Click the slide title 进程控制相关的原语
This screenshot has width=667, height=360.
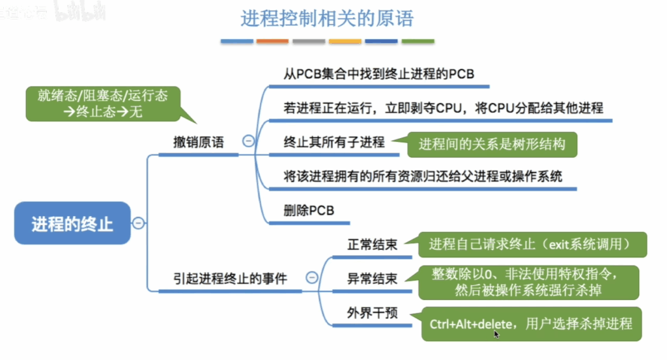coord(327,19)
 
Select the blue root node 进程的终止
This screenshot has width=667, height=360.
coord(72,223)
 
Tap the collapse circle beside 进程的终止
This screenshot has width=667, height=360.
coord(138,223)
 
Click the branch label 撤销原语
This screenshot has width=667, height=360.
coord(199,142)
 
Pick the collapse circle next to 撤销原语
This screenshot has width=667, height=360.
coord(248,141)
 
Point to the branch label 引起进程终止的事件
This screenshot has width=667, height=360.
coord(230,279)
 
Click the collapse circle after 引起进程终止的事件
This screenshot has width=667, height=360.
coord(312,277)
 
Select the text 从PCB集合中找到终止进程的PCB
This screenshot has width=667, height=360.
coord(378,74)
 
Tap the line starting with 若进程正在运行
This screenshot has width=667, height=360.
coord(443,108)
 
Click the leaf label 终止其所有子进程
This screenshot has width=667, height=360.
coord(334,142)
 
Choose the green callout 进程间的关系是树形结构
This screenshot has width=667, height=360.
coord(492,145)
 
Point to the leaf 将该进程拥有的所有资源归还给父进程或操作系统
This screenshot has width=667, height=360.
coord(423,176)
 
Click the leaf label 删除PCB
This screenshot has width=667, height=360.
coord(309,210)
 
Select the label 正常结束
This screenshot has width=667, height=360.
coord(372,244)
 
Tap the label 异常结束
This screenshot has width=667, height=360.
coord(372,279)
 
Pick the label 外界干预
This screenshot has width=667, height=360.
coord(372,313)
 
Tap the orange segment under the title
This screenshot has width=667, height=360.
coord(272,41)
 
